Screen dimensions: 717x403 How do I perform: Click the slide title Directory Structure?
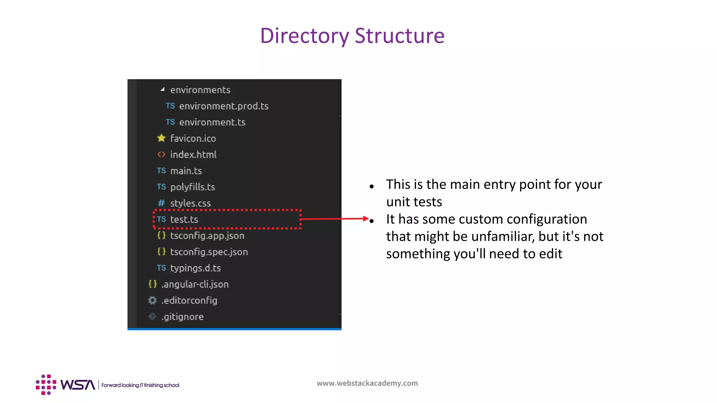352,36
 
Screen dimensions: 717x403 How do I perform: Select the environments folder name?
200,90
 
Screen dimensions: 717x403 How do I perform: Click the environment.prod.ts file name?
224,106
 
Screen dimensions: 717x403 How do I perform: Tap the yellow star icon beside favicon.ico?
161,138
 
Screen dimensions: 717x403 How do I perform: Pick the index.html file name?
193,155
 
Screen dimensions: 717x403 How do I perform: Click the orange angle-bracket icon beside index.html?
161,154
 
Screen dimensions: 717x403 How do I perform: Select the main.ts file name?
186,171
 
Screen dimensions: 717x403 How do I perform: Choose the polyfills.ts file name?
193,187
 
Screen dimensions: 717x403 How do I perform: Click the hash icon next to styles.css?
161,203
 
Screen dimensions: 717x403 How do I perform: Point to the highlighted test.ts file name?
184,220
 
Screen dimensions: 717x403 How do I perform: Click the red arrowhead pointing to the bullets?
366,219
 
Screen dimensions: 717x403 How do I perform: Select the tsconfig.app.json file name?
207,236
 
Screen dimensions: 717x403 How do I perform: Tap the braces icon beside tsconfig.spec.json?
161,252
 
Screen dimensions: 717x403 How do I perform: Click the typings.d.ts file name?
195,268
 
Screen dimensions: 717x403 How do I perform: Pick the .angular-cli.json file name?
195,284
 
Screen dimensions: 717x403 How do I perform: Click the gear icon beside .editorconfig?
152,300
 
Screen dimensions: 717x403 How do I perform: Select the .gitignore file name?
182,317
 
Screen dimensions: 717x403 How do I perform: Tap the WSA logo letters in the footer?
78,385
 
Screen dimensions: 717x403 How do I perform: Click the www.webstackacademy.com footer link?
367,383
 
